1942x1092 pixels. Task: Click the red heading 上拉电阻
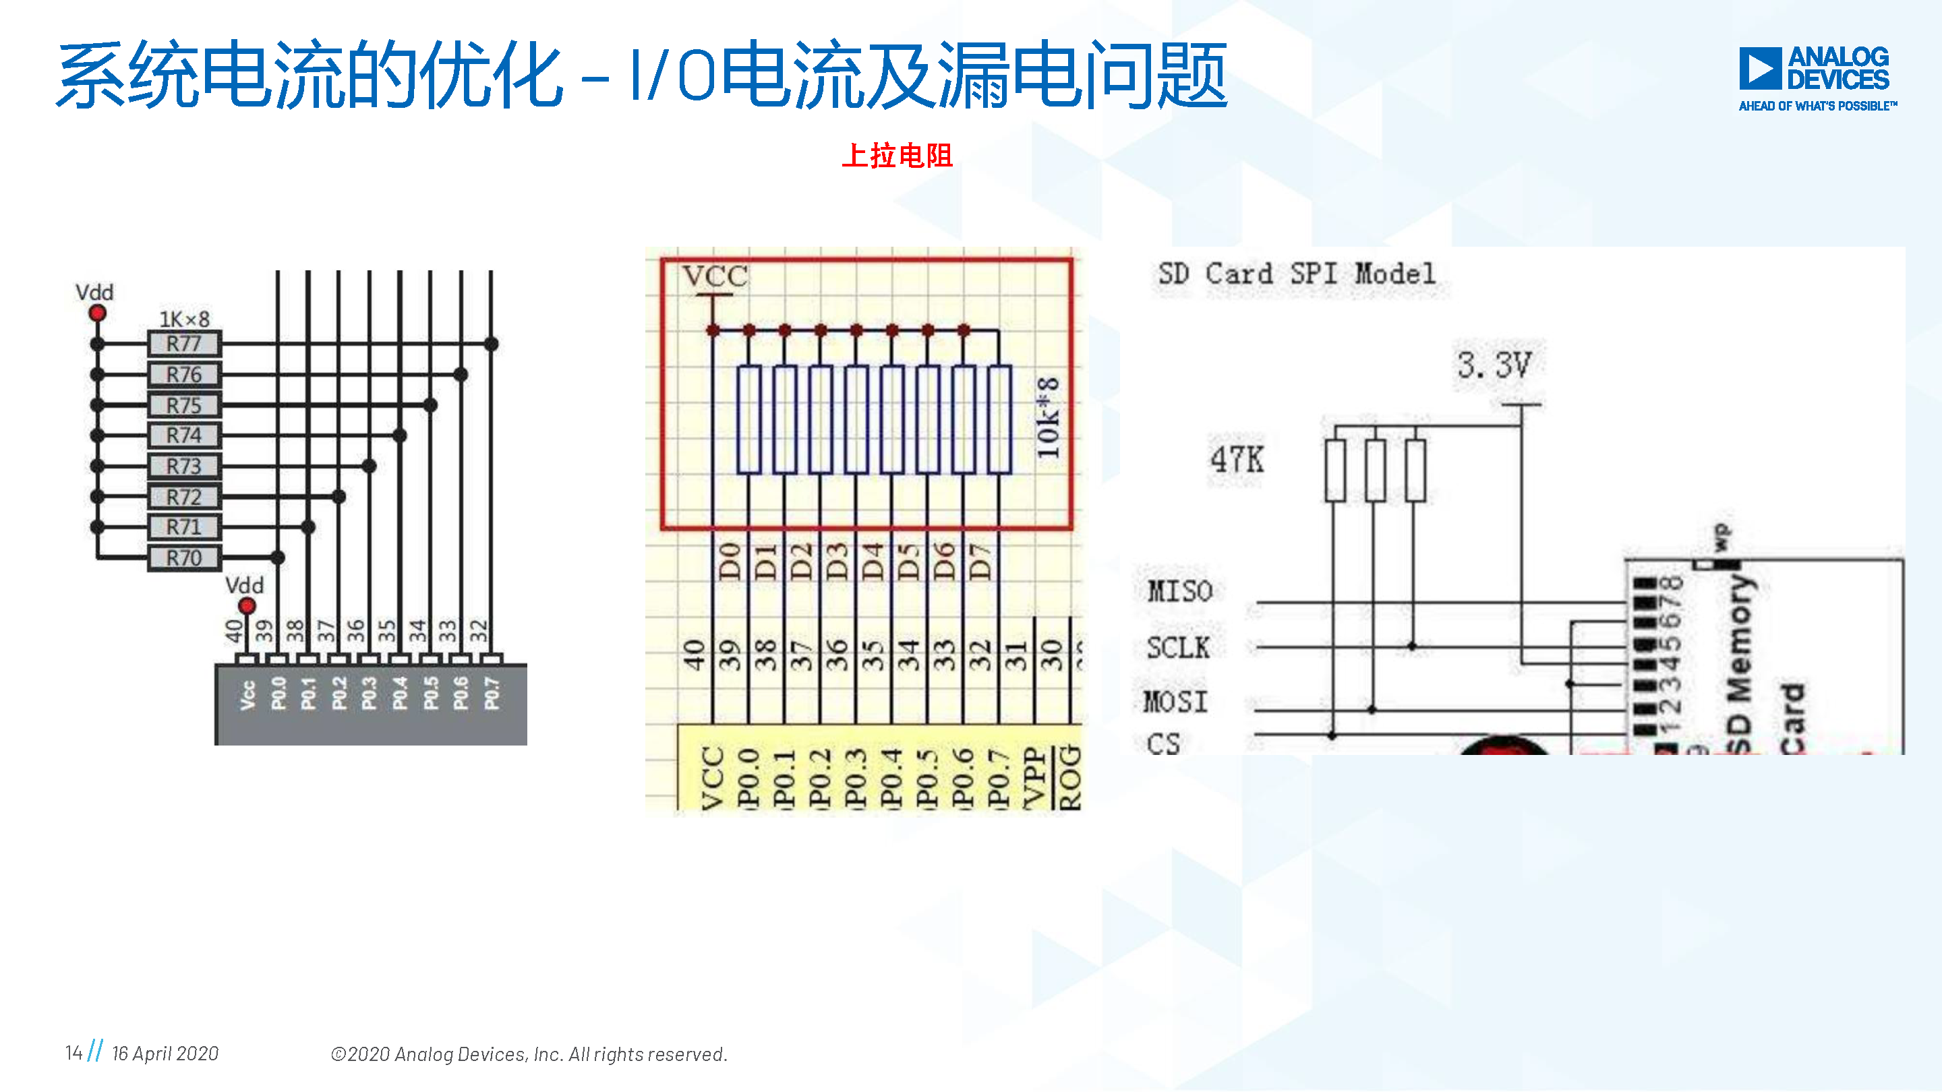tap(897, 156)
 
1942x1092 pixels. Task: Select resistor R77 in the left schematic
tap(184, 344)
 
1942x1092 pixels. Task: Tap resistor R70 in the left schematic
tap(184, 558)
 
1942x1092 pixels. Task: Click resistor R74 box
tap(184, 435)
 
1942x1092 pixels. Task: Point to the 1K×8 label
tap(184, 320)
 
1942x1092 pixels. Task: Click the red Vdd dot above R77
tap(97, 313)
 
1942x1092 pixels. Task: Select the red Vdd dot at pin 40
tap(247, 605)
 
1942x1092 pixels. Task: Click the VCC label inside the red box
tap(715, 276)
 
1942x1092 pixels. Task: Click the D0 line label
tap(729, 561)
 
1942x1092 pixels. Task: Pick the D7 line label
tap(979, 561)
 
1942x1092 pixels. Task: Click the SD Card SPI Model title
tap(1297, 274)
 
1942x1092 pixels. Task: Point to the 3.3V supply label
tap(1494, 365)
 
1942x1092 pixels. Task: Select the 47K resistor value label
tap(1237, 459)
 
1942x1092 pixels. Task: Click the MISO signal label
tap(1180, 592)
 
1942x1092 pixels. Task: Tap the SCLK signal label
tap(1177, 648)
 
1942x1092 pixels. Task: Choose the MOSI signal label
tap(1175, 702)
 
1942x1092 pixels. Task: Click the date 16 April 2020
tap(165, 1054)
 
